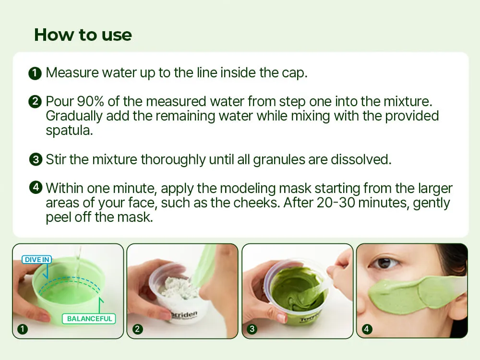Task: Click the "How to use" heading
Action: coord(83,35)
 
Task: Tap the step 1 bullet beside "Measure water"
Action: coord(35,73)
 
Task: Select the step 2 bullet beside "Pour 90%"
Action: coord(35,102)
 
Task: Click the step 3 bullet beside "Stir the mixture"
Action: coord(36,160)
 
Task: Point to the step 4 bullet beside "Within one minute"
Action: coord(36,187)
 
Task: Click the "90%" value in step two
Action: coord(90,101)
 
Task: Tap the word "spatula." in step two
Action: coord(70,131)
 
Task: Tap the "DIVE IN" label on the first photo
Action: coord(37,260)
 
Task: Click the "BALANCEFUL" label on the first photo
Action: coord(89,319)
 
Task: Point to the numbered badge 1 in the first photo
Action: coord(23,329)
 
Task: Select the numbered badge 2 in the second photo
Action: coord(137,329)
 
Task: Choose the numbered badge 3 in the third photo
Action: coord(252,329)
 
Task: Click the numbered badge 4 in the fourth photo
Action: coord(367,329)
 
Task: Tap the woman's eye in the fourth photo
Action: coord(384,263)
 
